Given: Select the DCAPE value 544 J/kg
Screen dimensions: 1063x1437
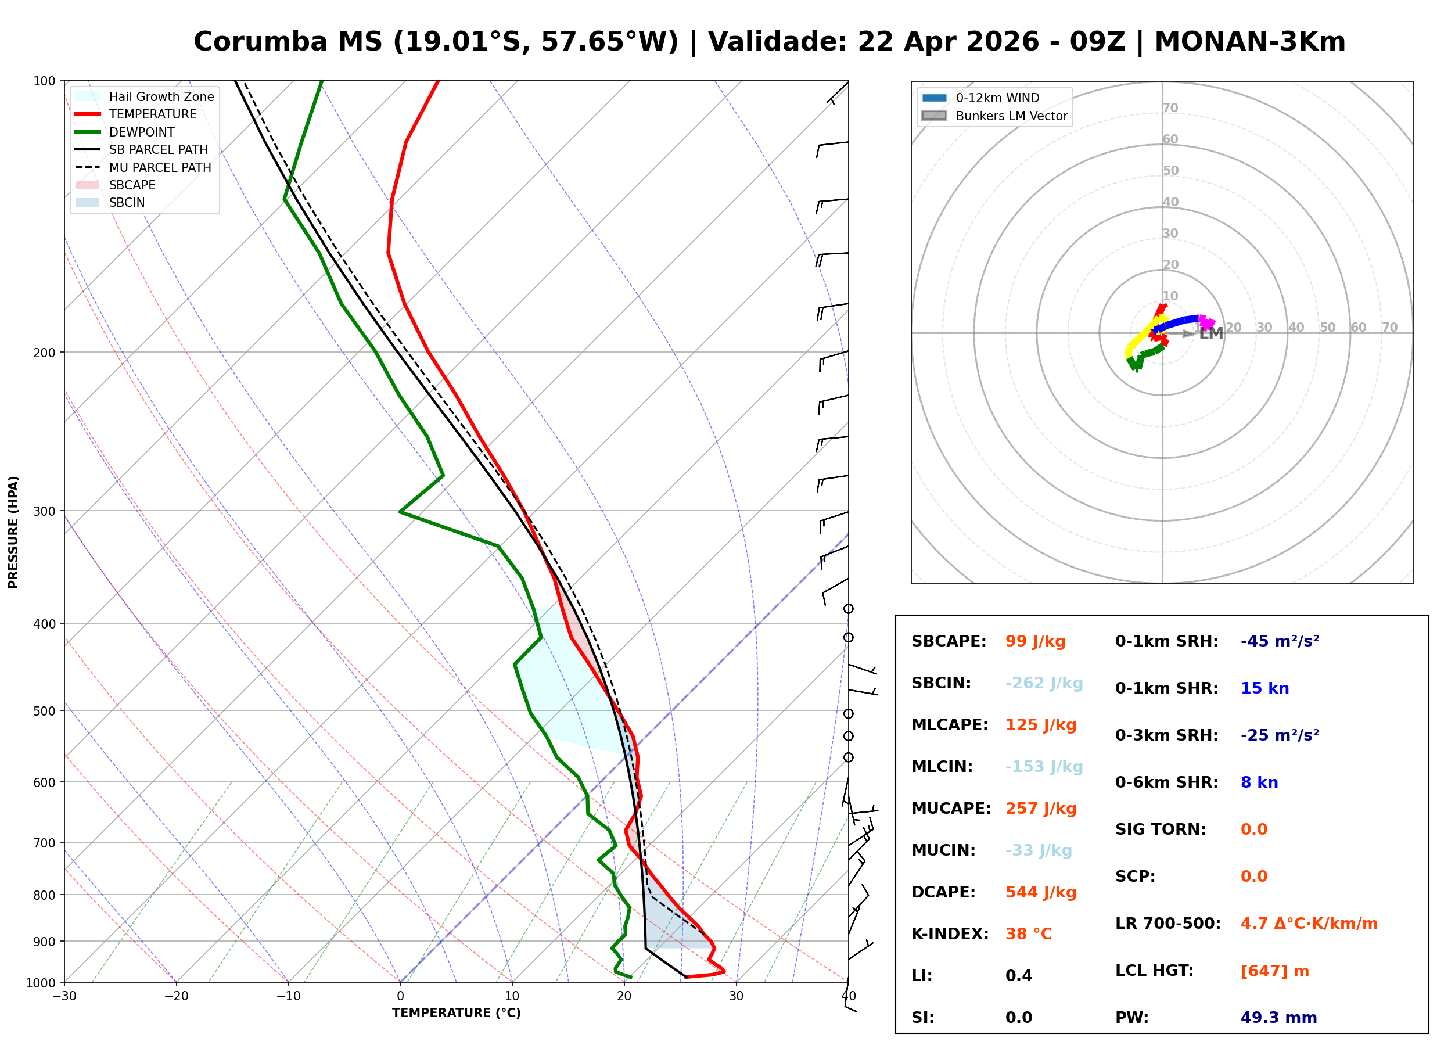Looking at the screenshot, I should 1040,892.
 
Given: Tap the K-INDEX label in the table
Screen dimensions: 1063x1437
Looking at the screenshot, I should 950,934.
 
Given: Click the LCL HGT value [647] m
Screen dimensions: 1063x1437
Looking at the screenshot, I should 1274,971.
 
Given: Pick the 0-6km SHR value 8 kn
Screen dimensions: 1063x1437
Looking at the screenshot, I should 1259,783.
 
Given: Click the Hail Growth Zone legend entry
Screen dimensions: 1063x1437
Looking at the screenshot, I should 161,97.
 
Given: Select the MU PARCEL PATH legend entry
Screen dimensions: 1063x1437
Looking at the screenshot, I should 160,168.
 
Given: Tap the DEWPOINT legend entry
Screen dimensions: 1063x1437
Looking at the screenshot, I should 142,132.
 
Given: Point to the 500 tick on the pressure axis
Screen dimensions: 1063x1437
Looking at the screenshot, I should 44,712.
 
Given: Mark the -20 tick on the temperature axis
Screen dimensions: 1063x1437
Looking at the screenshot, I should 176,997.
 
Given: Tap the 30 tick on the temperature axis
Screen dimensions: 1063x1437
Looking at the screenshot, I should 736,997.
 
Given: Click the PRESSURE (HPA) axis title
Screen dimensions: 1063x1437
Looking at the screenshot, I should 13,532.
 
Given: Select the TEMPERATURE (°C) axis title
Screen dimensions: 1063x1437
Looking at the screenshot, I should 456,1014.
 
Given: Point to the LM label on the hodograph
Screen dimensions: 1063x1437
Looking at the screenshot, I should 1210,334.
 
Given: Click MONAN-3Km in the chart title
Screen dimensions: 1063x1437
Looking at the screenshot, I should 1249,42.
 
